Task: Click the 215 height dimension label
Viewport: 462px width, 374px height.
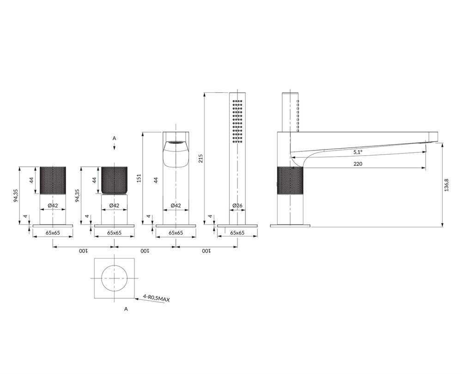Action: point(201,159)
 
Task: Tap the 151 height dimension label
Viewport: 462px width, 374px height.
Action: point(139,179)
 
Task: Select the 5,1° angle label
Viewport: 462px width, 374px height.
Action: point(358,152)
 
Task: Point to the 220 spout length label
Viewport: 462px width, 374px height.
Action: point(358,164)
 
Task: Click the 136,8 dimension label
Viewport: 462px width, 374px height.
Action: point(447,185)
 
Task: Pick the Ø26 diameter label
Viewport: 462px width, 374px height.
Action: point(237,205)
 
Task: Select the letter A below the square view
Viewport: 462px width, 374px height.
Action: point(126,309)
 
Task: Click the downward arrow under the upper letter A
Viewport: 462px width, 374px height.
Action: point(114,146)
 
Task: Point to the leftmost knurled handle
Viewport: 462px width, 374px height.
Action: point(53,180)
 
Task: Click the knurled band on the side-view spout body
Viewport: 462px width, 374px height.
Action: point(290,181)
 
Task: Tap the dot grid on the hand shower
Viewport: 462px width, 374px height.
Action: point(237,121)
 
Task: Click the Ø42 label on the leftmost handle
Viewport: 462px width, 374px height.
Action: point(53,205)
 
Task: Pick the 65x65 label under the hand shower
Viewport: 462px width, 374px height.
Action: point(237,233)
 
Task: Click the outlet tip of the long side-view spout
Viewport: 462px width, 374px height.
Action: point(436,142)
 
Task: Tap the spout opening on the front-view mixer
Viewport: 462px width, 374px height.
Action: point(176,143)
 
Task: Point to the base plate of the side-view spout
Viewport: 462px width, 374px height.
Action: point(290,226)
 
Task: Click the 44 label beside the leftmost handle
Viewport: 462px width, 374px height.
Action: point(32,180)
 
